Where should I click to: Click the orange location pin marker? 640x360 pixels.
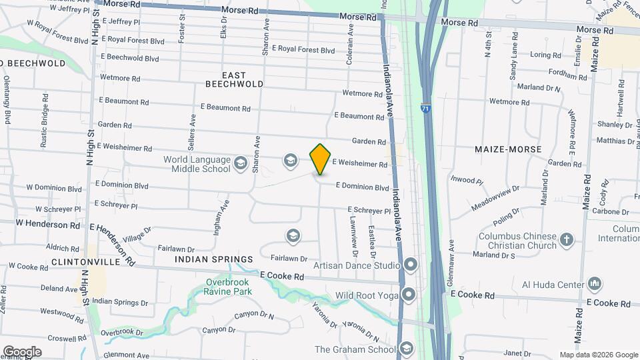[x=321, y=159]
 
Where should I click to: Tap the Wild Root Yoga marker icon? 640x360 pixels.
[x=409, y=295]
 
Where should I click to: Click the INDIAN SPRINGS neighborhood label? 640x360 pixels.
[x=214, y=259]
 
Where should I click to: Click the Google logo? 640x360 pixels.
[x=21, y=352]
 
